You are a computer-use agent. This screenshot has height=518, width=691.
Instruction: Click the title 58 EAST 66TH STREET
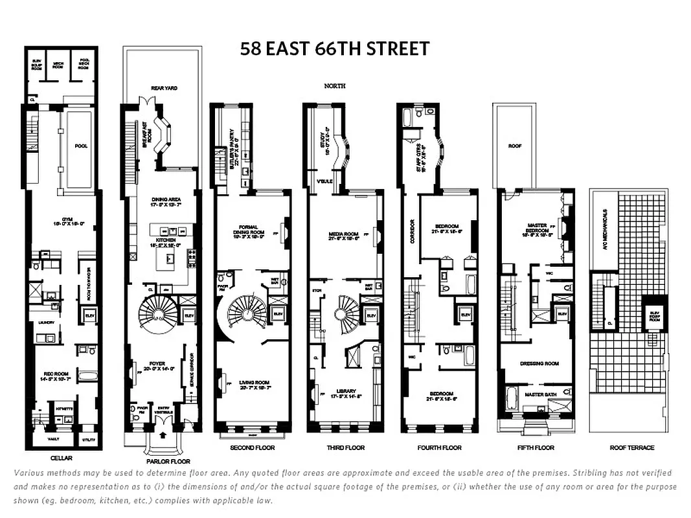pos(334,49)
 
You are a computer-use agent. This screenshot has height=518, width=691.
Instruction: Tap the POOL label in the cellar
pos(81,146)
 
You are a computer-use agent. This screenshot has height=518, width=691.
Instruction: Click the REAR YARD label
pos(164,88)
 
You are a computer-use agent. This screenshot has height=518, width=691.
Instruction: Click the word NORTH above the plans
pos(335,85)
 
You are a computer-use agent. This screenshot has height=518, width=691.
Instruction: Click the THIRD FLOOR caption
pos(345,448)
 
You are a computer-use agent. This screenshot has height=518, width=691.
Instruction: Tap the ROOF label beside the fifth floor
pos(515,146)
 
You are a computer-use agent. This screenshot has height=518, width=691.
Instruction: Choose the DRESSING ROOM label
pos(539,364)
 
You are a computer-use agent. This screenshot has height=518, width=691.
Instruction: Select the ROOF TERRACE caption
pos(632,448)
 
